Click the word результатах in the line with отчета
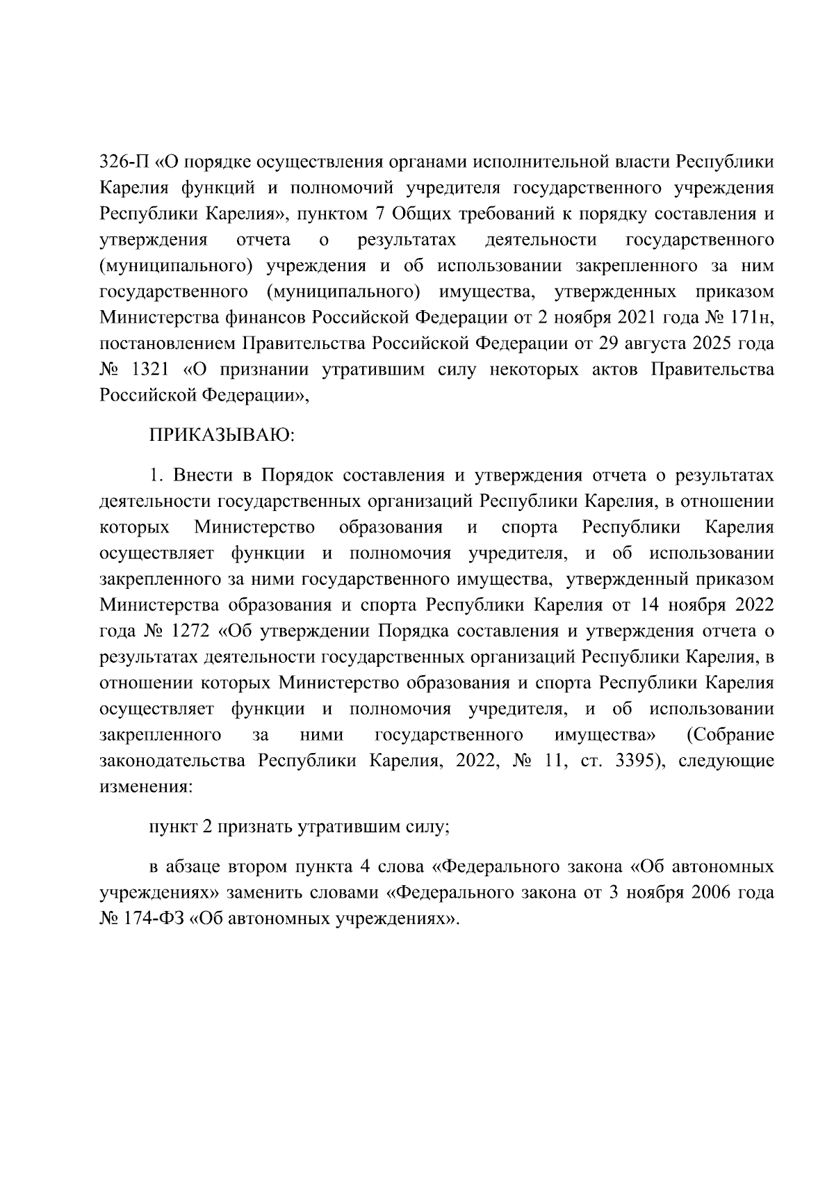tap(407, 240)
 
